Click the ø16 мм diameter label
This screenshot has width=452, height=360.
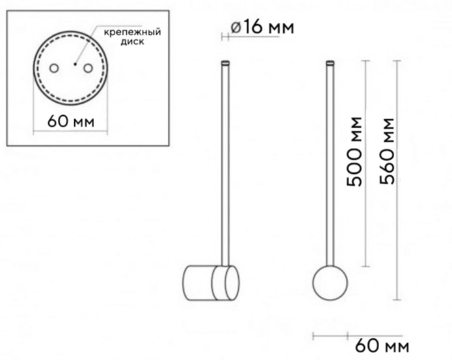(x=263, y=27)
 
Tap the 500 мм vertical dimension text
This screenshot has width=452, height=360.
(x=354, y=152)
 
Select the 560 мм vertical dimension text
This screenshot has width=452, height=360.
(x=386, y=152)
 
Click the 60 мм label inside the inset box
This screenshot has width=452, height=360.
(x=71, y=122)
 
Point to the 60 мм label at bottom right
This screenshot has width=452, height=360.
(x=382, y=346)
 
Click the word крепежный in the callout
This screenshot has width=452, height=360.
(x=132, y=31)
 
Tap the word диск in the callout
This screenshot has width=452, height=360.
(x=132, y=42)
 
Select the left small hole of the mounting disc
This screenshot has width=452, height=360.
(x=54, y=68)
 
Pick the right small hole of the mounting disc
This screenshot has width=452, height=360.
(x=88, y=68)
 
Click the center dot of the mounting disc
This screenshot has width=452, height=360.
(x=75, y=64)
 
